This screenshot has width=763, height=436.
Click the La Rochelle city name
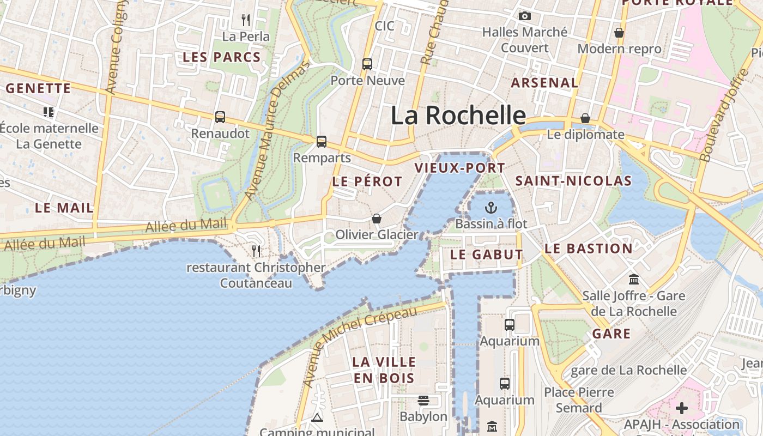[458, 116]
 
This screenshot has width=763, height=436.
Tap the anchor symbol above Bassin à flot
[491, 208]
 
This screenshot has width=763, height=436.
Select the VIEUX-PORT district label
[460, 168]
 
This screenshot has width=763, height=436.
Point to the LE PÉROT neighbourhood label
[367, 181]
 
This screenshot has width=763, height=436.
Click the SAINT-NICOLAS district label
[573, 181]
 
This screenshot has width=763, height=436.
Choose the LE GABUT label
[486, 255]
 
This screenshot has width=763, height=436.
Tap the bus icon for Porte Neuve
[367, 64]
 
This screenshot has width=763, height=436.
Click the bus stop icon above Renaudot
[220, 117]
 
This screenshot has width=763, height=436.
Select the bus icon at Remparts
[322, 142]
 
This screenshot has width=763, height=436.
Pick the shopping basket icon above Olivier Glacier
[376, 219]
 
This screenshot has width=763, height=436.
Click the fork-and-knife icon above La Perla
[246, 20]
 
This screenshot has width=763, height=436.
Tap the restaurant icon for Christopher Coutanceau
[256, 251]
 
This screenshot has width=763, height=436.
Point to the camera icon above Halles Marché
[525, 16]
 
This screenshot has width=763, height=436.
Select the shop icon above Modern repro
[619, 33]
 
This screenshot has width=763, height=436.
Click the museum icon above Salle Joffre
[634, 280]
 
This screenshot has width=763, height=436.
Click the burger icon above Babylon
[423, 401]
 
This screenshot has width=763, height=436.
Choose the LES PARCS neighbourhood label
[221, 57]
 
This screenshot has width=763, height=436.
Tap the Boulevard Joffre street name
[724, 116]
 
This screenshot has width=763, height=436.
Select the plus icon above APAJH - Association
[681, 408]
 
